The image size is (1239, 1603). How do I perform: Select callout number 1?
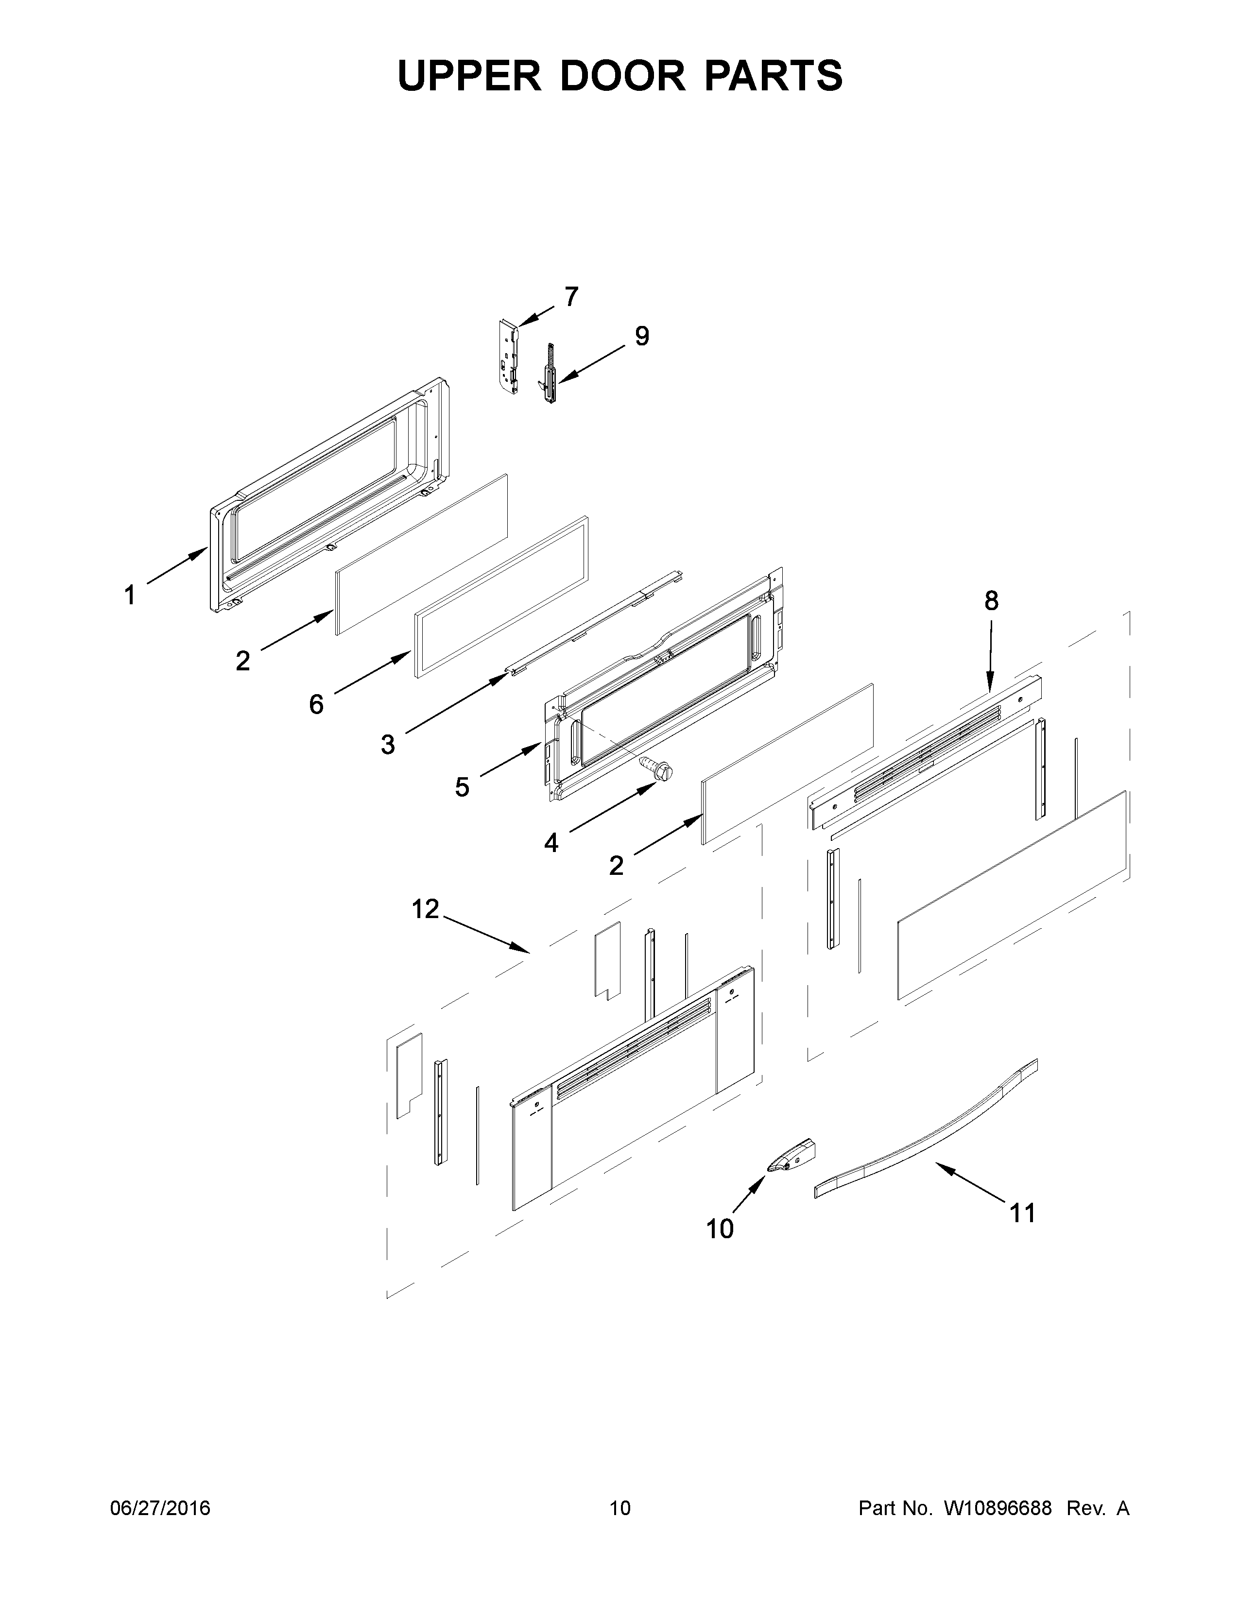coord(130,595)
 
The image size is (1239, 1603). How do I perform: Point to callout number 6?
coord(316,705)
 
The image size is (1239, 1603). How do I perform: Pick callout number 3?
coord(388,744)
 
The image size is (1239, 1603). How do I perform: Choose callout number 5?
coord(462,787)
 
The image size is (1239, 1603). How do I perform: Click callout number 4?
coord(551,843)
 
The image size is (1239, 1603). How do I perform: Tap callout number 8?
coord(991,600)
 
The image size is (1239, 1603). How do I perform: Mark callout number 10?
coord(719,1228)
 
